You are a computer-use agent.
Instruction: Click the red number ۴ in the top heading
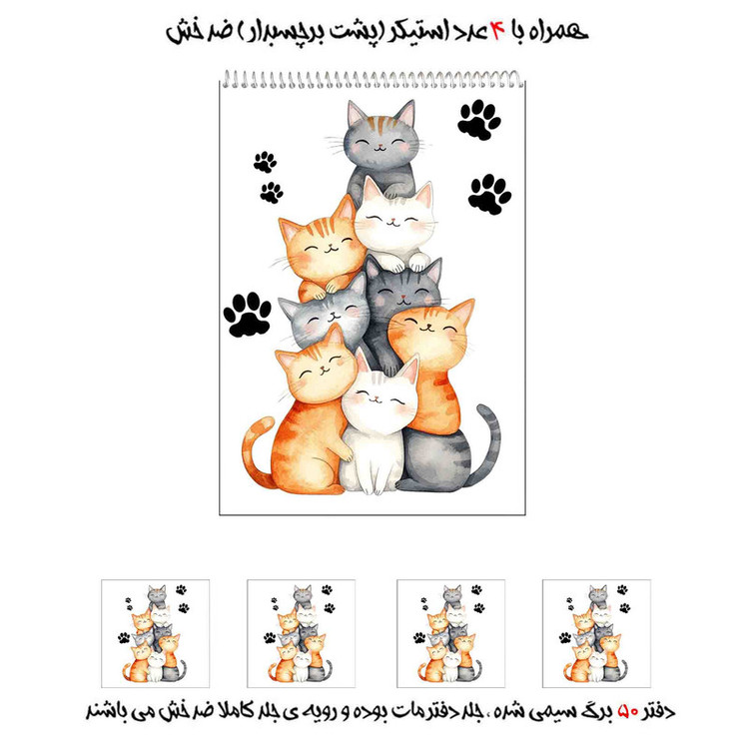(496, 32)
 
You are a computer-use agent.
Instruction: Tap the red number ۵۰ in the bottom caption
(628, 712)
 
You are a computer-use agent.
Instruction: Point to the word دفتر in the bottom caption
(658, 712)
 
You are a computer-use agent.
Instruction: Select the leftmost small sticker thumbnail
(155, 633)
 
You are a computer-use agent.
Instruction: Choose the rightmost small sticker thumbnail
(596, 633)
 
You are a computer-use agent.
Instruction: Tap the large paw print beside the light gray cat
(247, 315)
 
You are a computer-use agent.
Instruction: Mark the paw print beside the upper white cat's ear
(489, 194)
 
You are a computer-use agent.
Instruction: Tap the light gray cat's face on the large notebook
(328, 318)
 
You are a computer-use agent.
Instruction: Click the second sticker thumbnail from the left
(301, 633)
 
